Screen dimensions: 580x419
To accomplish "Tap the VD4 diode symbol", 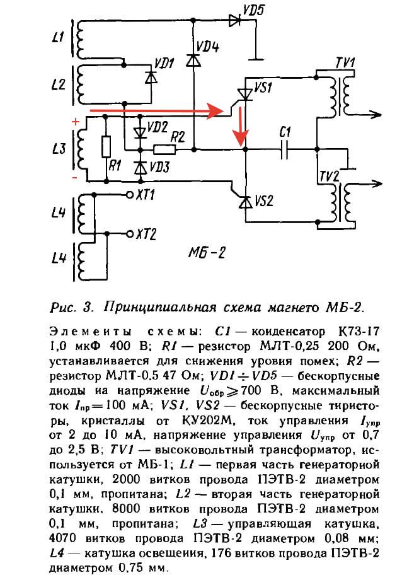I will point(194,61).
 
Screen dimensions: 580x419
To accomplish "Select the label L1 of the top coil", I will point(57,38).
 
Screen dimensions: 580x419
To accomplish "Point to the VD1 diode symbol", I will point(150,76).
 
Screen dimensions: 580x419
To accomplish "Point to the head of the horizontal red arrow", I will point(220,111).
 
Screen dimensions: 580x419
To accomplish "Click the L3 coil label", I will point(58,149).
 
